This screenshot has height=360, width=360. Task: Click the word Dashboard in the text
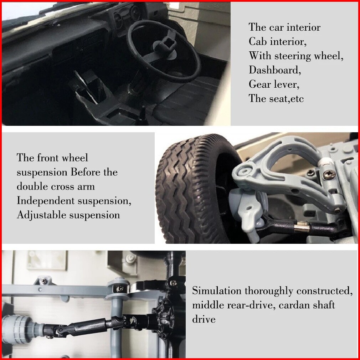(274, 70)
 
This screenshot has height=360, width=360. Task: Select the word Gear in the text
(260, 84)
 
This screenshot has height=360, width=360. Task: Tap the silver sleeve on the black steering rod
(302, 227)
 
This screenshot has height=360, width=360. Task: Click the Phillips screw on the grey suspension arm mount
(329, 175)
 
